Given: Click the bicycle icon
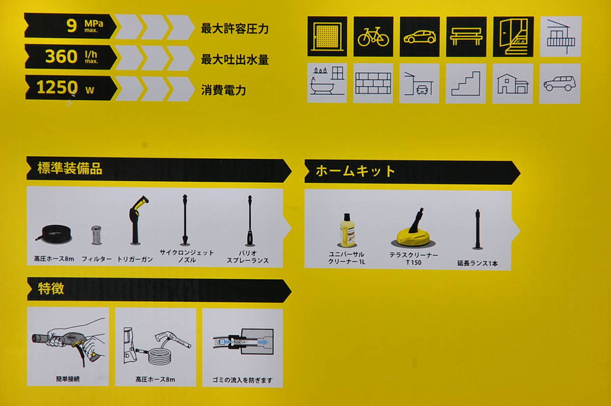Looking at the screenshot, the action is click(x=373, y=37).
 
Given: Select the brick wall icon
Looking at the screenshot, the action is click(x=373, y=83).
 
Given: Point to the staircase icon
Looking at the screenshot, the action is click(x=465, y=83).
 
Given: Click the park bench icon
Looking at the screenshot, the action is click(x=466, y=36).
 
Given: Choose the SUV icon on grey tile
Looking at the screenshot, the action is click(x=560, y=83).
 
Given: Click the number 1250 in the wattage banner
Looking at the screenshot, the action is click(x=57, y=88).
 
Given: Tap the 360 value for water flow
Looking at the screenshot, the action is click(x=61, y=56).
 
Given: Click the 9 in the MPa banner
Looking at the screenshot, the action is click(x=72, y=26).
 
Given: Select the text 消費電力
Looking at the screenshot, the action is click(x=224, y=90).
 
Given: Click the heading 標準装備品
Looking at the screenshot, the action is click(x=70, y=168).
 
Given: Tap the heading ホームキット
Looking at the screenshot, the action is click(x=355, y=171).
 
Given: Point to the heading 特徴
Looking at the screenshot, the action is click(x=51, y=288).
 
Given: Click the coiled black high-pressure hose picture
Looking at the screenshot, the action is click(x=54, y=234).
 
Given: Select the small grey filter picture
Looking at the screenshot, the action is click(x=96, y=235).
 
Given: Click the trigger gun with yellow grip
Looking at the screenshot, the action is click(x=136, y=220).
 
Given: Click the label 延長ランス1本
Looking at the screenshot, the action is click(x=478, y=264).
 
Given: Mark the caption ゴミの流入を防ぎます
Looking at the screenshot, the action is click(x=242, y=380).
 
